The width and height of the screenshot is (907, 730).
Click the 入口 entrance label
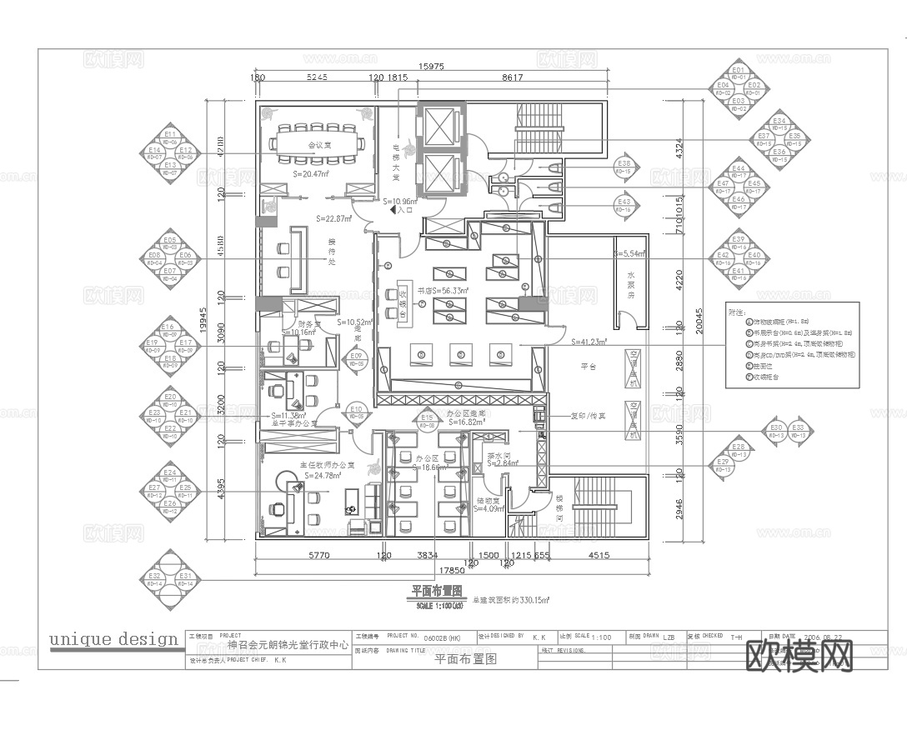point(405,211)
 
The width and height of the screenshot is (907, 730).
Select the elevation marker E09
point(357,359)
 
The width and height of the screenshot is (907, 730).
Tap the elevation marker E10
point(357,411)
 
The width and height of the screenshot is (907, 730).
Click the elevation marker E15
point(428,421)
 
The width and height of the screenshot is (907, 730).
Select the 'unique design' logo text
point(114,639)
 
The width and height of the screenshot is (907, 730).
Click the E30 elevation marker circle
point(775,431)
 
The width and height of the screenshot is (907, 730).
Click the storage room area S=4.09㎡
point(489,507)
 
